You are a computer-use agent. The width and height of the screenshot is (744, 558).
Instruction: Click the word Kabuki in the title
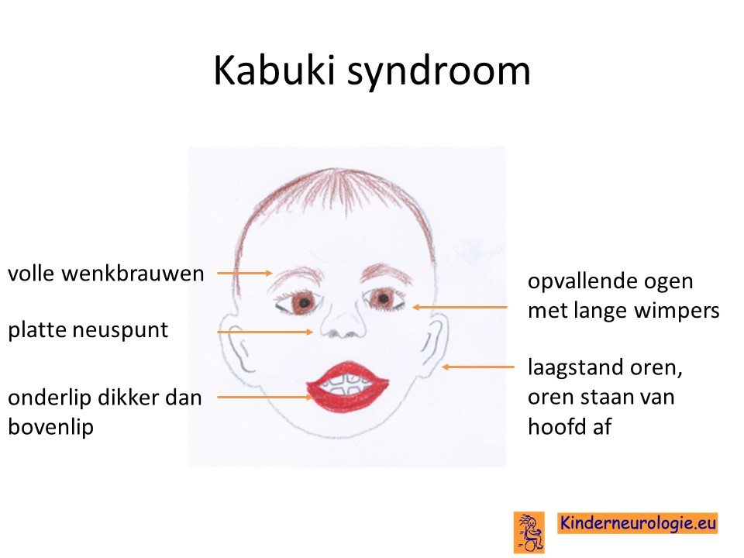tap(275, 71)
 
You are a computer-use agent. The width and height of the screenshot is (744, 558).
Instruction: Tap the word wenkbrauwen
tap(133, 274)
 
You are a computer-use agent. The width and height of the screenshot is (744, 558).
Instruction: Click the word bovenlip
tap(51, 426)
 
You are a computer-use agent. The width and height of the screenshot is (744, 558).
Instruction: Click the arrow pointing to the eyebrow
tap(245, 274)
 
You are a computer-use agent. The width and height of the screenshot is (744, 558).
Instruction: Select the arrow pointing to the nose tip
tap(265, 332)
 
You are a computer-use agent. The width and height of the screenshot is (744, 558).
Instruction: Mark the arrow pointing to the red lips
tap(265, 397)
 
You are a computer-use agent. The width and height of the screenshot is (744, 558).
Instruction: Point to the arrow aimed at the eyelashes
tap(460, 308)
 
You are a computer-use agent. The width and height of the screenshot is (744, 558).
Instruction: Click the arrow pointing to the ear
tap(478, 367)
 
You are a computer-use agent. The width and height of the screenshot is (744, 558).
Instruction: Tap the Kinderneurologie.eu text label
tap(637, 523)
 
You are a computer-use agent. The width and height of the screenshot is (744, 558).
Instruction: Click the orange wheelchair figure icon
tap(529, 532)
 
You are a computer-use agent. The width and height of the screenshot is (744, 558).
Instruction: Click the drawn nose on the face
tap(343, 322)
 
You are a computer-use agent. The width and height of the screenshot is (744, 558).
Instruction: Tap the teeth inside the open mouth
tap(348, 384)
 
